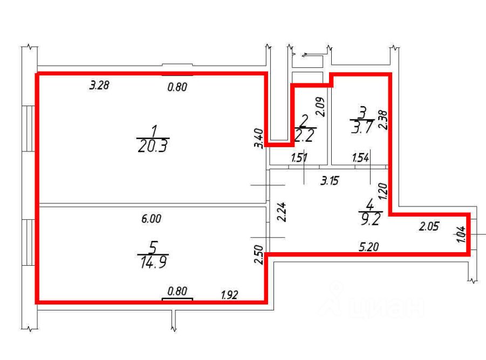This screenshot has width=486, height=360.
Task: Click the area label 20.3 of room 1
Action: [x=153, y=146]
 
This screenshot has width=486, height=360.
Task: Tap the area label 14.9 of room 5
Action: [x=153, y=262]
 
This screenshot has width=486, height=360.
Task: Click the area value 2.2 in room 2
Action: [x=305, y=136]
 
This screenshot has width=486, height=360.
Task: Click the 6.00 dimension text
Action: [x=151, y=219]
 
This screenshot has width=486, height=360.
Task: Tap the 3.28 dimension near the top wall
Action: [x=100, y=85]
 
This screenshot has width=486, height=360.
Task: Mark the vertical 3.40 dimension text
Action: [x=258, y=138]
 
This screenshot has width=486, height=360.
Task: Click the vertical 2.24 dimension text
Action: [x=279, y=212]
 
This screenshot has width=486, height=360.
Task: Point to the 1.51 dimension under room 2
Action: [x=299, y=158]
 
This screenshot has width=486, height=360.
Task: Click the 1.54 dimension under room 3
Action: [x=360, y=158]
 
